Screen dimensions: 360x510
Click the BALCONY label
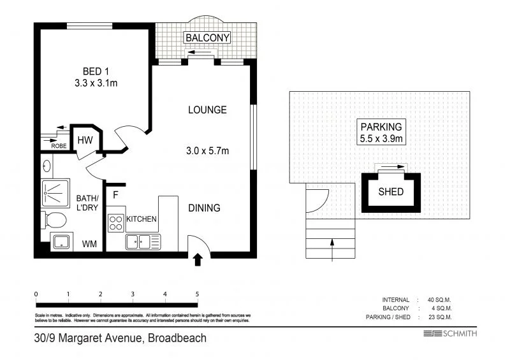coord(207,38)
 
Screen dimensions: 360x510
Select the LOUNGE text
coord(207,110)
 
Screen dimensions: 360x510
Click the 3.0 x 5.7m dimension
coord(207,151)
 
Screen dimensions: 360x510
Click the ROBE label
coord(59,145)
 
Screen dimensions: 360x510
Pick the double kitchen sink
coord(143,241)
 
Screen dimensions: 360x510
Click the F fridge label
coord(116,194)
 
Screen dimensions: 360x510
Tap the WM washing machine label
coord(89,243)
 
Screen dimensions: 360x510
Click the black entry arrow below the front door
coord(198,259)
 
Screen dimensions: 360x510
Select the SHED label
coord(391,191)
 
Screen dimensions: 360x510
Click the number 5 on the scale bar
coord(198,294)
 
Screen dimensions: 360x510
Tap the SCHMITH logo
coord(450,334)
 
